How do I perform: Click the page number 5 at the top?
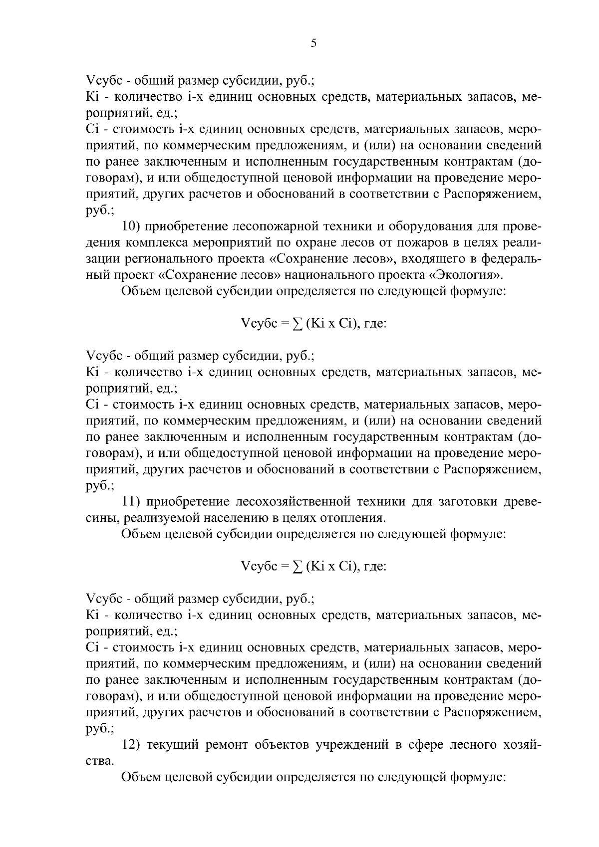313,43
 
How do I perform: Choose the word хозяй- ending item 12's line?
515,745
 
